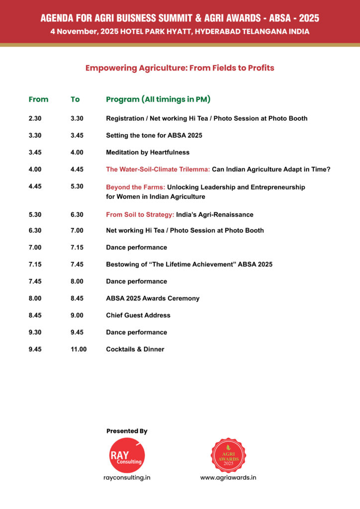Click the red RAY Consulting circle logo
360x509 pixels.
coord(126,455)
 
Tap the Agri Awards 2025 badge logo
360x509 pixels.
coord(228,455)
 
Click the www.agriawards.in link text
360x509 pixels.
coord(228,478)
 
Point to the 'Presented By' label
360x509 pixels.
coord(127,431)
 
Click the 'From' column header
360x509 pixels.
coord(38,99)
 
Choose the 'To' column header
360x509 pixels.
coord(75,99)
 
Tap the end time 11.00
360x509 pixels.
coord(79,349)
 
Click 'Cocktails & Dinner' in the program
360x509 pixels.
coord(135,349)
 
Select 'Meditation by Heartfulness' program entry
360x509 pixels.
coord(148,153)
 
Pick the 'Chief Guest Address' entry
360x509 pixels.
coord(138,316)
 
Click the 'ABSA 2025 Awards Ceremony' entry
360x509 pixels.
coord(153,299)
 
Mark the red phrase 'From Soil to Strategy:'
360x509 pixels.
coord(140,215)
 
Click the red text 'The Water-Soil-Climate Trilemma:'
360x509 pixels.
coord(158,170)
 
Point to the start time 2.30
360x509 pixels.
coord(35,119)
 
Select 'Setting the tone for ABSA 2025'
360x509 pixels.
coord(154,136)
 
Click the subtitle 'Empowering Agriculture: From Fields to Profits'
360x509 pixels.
coord(180,68)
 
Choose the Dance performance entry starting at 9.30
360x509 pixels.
coord(136,333)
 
